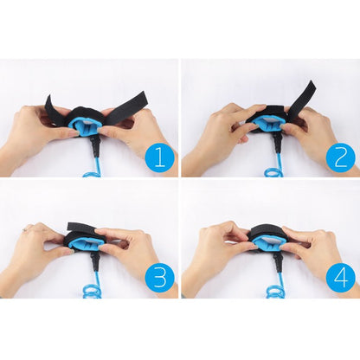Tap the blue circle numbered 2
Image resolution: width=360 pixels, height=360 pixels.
(341, 157)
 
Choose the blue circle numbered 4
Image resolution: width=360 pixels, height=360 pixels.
(341, 278)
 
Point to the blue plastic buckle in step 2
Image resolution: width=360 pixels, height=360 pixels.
(268, 126)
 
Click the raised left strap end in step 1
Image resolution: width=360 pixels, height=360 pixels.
(53, 108)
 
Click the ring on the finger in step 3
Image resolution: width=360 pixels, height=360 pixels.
(29, 228)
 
